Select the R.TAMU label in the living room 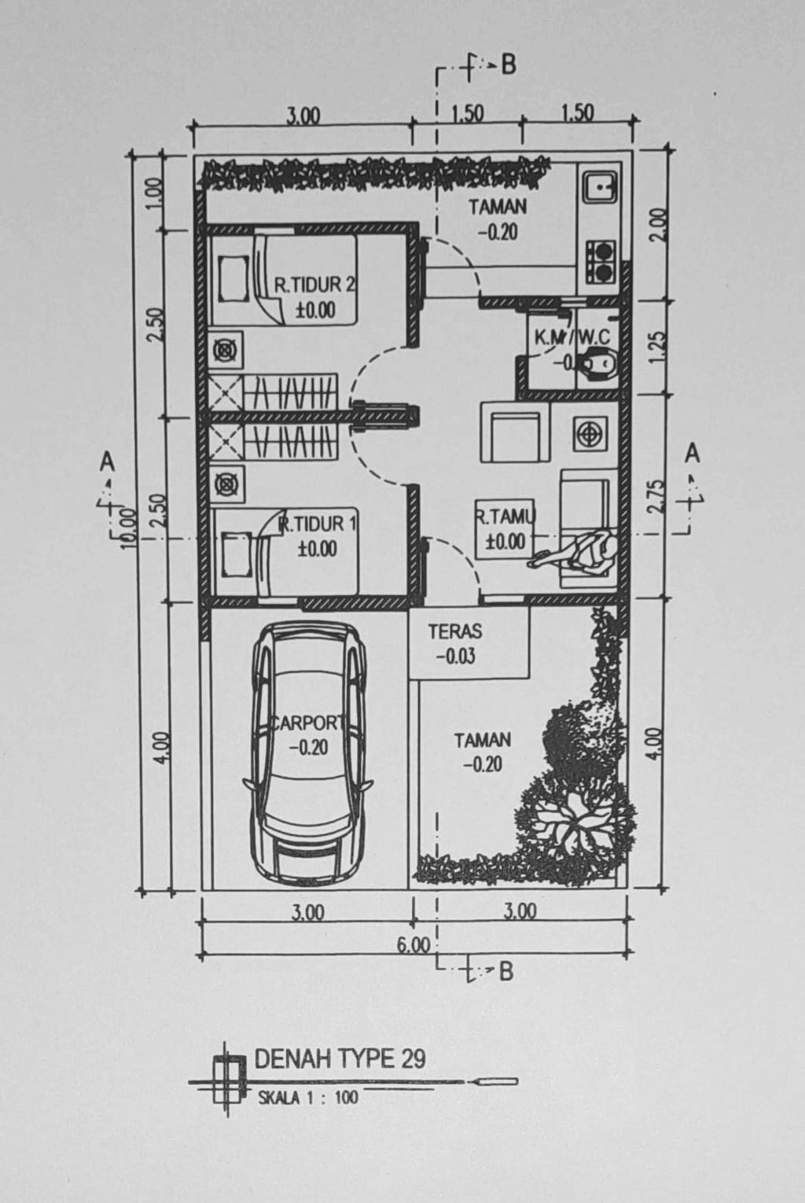505,517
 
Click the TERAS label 455,631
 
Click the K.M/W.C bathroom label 572,338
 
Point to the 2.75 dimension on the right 659,495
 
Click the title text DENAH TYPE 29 340,1059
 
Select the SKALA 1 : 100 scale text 307,1098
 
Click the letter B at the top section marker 509,65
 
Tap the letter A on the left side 107,461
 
